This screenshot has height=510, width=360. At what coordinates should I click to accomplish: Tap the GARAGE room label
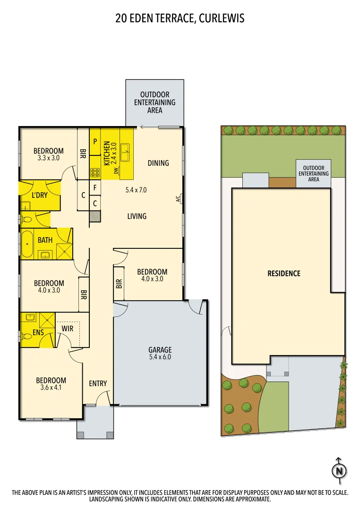[x=160, y=350]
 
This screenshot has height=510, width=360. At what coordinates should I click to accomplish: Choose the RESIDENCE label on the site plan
[x=284, y=273]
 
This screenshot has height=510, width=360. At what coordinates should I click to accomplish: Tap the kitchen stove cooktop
[x=95, y=172]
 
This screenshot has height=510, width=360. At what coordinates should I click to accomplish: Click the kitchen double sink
[x=126, y=152]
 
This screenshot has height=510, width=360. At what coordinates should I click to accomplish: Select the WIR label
[x=68, y=328]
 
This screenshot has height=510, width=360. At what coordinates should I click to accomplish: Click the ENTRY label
[x=98, y=383]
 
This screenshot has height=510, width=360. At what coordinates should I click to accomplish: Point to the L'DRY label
[x=40, y=195]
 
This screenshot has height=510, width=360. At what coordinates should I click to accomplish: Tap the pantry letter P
[x=95, y=141]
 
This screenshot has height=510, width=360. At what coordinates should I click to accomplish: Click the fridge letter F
[x=95, y=187]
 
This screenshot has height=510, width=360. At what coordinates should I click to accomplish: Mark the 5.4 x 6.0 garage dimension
[x=160, y=357]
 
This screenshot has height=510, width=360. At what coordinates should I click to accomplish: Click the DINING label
[x=158, y=163]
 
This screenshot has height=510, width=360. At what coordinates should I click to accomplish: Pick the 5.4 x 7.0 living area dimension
[x=136, y=190]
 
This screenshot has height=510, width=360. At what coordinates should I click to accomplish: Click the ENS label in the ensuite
[x=38, y=332]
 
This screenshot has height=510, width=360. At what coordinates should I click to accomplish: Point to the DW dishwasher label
[x=116, y=170]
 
